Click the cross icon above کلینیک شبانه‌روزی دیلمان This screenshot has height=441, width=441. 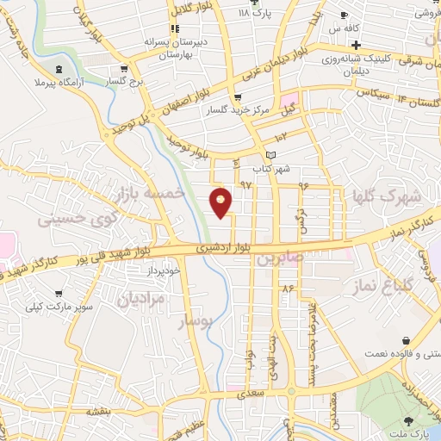[356, 44]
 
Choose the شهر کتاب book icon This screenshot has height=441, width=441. [272, 154]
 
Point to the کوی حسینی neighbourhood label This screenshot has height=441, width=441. [75, 219]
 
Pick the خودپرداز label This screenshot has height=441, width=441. [163, 272]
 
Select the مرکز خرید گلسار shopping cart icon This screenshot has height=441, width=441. [238, 97]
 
